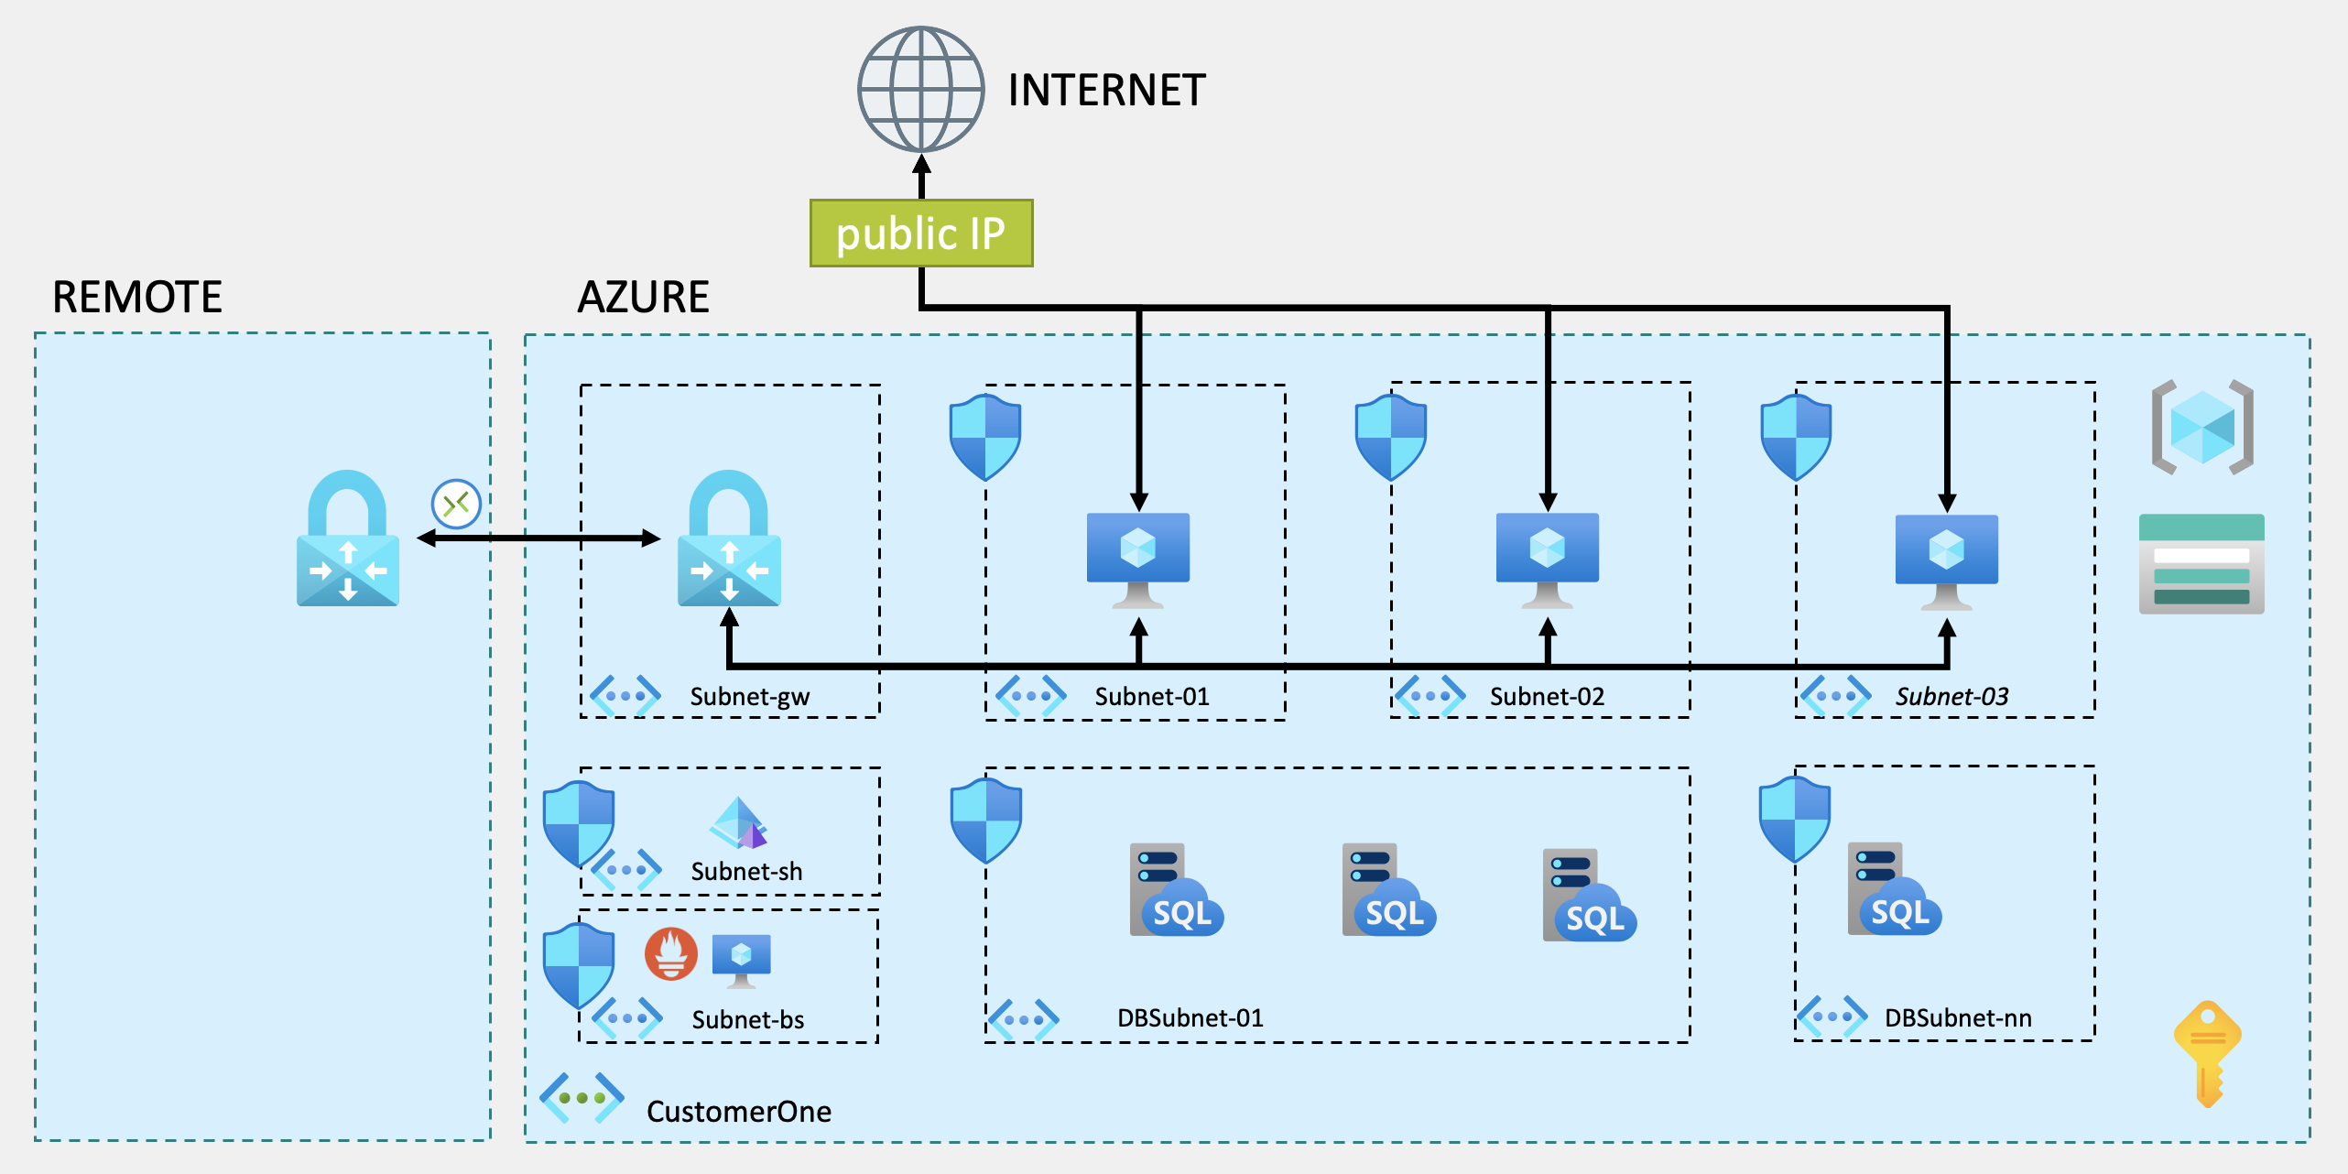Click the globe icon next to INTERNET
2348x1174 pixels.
tap(920, 90)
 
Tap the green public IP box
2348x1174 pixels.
tap(921, 234)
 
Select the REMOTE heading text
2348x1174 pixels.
tap(137, 298)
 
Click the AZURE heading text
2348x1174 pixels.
tap(644, 298)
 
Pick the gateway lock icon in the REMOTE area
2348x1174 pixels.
tap(348, 540)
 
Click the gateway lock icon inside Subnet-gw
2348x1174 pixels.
tap(729, 540)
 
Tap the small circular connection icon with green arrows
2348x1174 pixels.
tap(456, 504)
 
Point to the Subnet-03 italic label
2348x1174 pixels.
tap(1951, 697)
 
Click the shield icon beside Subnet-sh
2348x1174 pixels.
tap(579, 822)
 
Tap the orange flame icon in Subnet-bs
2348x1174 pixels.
tap(671, 953)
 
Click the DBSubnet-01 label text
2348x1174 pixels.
tap(1190, 1018)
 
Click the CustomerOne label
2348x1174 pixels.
tap(739, 1112)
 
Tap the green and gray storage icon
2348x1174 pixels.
tap(2201, 564)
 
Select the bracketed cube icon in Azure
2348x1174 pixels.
tap(2202, 427)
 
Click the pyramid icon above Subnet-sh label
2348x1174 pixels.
tap(738, 822)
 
